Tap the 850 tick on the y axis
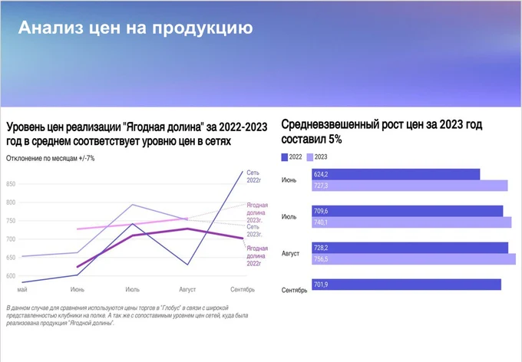11,184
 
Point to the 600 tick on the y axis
11,276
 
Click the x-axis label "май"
22,290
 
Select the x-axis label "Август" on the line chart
187,290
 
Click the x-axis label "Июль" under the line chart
132,290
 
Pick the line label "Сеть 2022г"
253,177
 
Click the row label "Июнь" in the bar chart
290,180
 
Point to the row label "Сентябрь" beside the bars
295,291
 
